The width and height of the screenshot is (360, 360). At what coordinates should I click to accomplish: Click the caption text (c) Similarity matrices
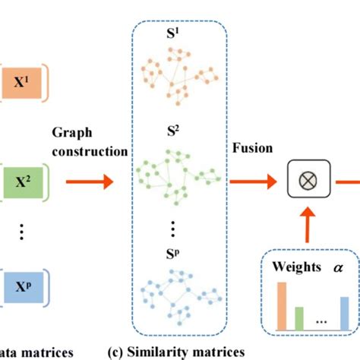pos(187,352)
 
